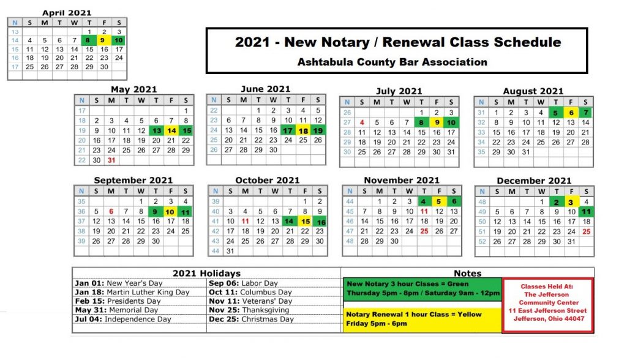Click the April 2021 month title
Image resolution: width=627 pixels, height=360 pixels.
(67, 13)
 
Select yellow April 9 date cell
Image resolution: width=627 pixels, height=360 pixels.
(104, 40)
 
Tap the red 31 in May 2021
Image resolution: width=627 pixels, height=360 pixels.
(111, 160)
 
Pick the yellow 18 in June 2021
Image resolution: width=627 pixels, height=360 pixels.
(303, 130)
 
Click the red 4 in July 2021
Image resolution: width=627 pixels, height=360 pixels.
(362, 122)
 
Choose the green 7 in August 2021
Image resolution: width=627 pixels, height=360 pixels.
(585, 113)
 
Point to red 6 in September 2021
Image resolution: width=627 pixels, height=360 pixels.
(111, 211)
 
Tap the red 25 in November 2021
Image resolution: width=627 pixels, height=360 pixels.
(424, 231)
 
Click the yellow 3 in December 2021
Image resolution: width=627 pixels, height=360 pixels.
(571, 202)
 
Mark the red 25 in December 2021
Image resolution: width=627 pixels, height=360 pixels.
(586, 231)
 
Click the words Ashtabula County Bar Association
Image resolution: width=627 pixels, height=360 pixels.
(392, 62)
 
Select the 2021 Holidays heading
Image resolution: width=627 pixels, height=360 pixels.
(206, 274)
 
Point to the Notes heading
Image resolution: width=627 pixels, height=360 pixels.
(468, 274)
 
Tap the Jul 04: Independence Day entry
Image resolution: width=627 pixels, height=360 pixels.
(123, 319)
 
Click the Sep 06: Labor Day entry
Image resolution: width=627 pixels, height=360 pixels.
(244, 283)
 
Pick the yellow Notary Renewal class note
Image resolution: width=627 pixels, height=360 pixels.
(422, 318)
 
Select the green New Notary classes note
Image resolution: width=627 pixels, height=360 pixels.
(422, 288)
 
